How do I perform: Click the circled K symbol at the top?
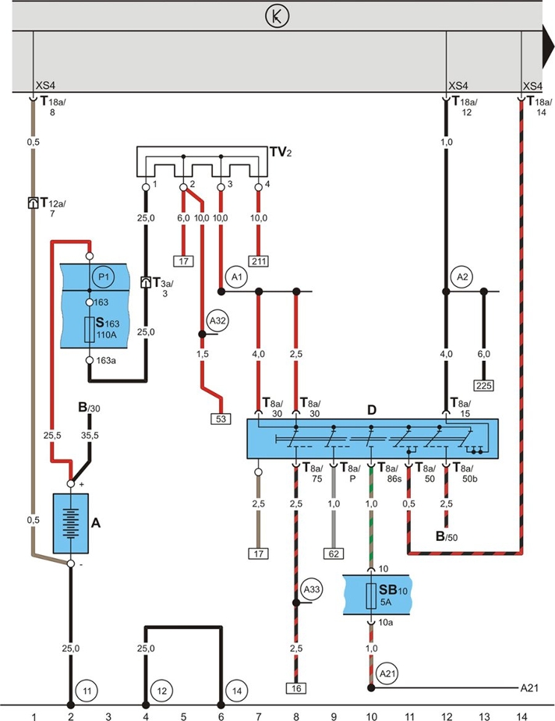pos(277,16)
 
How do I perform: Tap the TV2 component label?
pos(281,152)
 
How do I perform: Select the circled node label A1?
pos(237,277)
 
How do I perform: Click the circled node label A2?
pos(462,277)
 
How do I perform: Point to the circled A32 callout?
pos(217,320)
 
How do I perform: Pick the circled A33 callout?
pos(312,589)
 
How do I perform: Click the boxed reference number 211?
pos(259,261)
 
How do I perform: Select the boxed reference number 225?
pos(484,385)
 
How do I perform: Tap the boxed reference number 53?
pos(221,419)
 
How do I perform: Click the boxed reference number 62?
pos(334,553)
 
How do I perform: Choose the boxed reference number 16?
pos(296,688)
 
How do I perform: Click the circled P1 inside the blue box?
pos(103,277)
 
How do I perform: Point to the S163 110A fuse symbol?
pos(90,329)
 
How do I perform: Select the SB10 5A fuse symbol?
pos(371,596)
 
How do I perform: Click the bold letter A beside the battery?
pos(96,523)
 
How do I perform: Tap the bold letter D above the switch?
pos(372,410)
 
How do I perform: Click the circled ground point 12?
pos(162,691)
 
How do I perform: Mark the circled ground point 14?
pos(237,691)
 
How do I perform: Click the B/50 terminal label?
pos(447,536)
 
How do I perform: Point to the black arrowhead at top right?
pos(548,46)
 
